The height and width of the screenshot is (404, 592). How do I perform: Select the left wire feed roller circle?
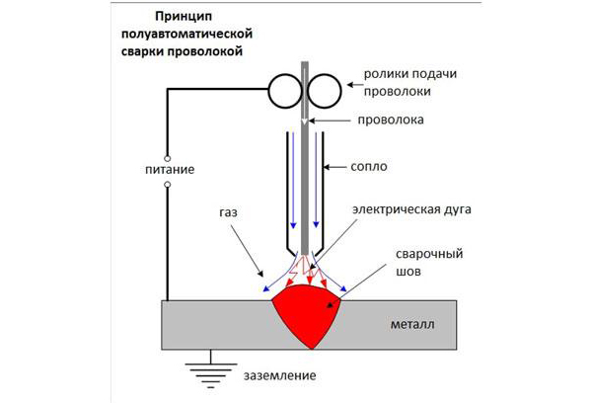tap(285, 93)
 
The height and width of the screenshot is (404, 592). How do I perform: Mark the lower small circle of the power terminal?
tap(167, 185)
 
